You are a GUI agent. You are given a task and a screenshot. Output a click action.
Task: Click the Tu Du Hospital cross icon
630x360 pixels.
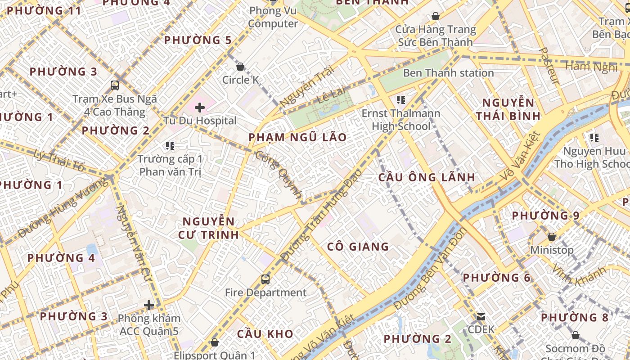[x=200, y=108]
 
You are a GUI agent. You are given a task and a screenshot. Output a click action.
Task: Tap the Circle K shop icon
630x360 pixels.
[x=240, y=67]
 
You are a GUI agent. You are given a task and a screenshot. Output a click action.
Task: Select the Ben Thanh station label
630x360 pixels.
[x=448, y=73]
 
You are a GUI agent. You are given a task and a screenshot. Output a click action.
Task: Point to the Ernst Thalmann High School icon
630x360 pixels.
[x=401, y=100]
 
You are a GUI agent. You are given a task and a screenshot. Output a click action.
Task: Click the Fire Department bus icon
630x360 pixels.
[x=265, y=279]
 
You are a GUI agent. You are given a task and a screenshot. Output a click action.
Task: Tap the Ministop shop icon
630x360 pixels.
[x=551, y=237]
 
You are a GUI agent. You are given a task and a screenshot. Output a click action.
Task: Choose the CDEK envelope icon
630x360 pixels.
[x=481, y=316]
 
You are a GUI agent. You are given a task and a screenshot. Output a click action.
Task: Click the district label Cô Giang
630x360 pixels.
[x=358, y=247]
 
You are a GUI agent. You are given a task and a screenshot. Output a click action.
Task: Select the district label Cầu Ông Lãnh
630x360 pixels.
[x=427, y=177]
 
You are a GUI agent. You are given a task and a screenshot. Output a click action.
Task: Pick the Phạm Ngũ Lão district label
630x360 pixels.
[x=297, y=137]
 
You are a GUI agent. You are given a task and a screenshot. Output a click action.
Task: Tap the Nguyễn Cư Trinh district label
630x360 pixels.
[x=208, y=228]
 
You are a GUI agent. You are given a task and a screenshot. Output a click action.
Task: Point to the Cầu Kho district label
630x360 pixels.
[x=265, y=334]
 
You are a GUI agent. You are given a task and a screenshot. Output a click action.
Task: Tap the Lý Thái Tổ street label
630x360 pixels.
[x=58, y=159]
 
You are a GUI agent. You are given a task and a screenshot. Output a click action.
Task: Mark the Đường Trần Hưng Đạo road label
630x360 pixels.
[x=321, y=215]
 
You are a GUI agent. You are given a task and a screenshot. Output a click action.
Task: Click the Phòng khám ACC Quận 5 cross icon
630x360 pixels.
[x=149, y=306]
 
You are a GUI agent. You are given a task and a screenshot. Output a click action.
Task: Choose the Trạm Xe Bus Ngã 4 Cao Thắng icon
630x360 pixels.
[x=115, y=85]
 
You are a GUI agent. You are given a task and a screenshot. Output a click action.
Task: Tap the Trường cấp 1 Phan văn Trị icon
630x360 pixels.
[x=170, y=145]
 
